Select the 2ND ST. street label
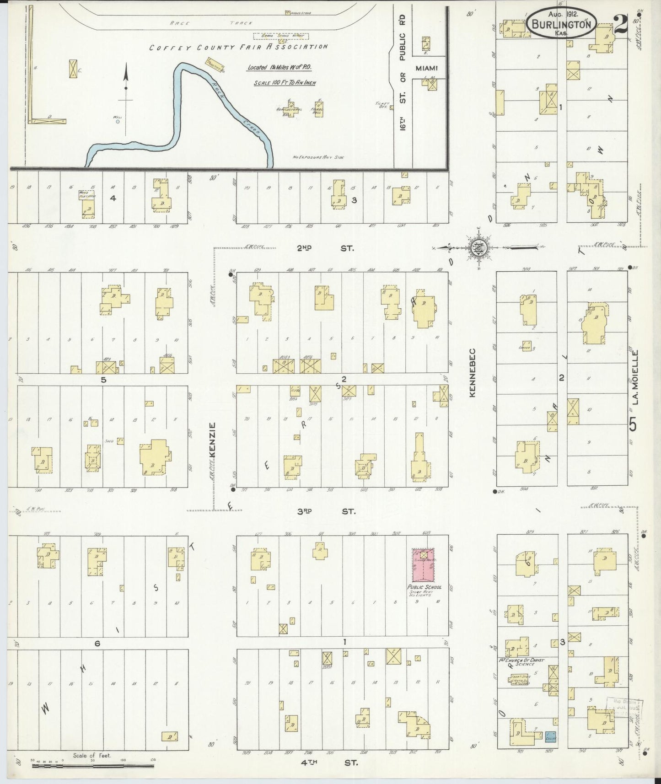pyautogui.click(x=325, y=248)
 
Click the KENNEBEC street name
pyautogui.click(x=473, y=373)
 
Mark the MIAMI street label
pyautogui.click(x=426, y=68)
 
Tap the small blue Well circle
pyautogui.click(x=118, y=122)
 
